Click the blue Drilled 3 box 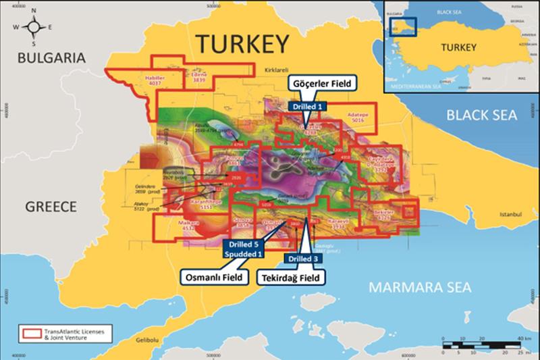pos(302,258)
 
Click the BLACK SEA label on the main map pos(481,115)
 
